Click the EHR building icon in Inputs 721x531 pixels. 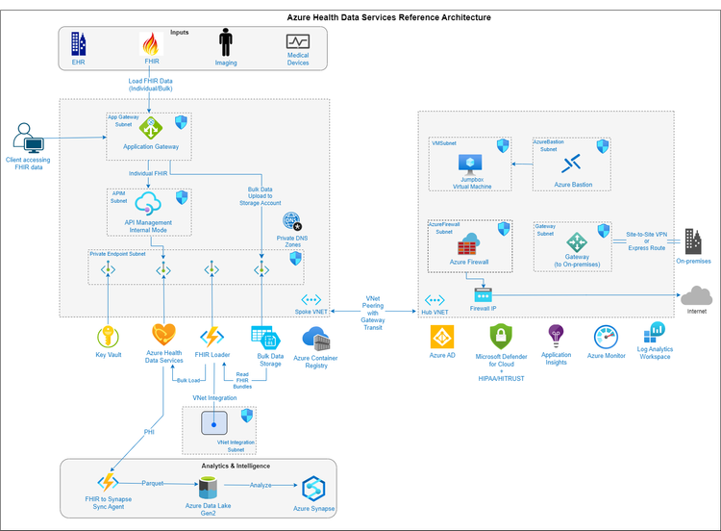click(x=79, y=43)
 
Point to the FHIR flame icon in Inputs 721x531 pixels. click(x=151, y=43)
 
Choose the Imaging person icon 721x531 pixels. click(x=226, y=42)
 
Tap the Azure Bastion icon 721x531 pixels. click(x=573, y=163)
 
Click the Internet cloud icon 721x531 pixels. click(x=696, y=295)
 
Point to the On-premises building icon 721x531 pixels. click(x=693, y=242)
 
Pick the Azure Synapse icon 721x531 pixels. click(x=313, y=488)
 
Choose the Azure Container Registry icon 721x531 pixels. click(x=316, y=338)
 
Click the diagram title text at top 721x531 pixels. click(x=388, y=17)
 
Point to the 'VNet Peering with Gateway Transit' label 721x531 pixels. click(x=373, y=313)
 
